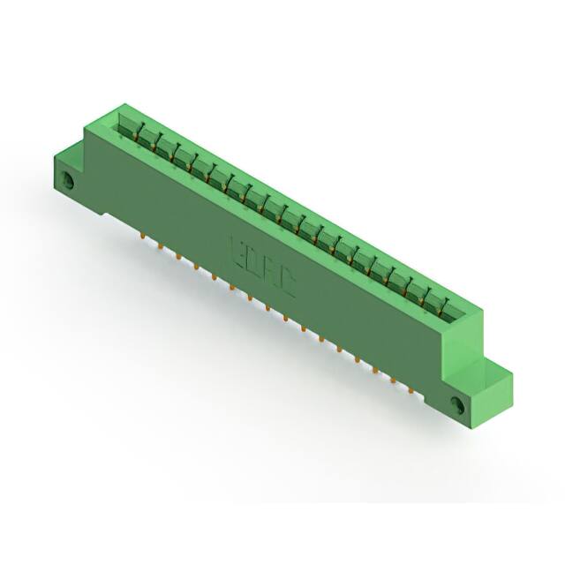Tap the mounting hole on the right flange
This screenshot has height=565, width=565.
pos(457,404)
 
